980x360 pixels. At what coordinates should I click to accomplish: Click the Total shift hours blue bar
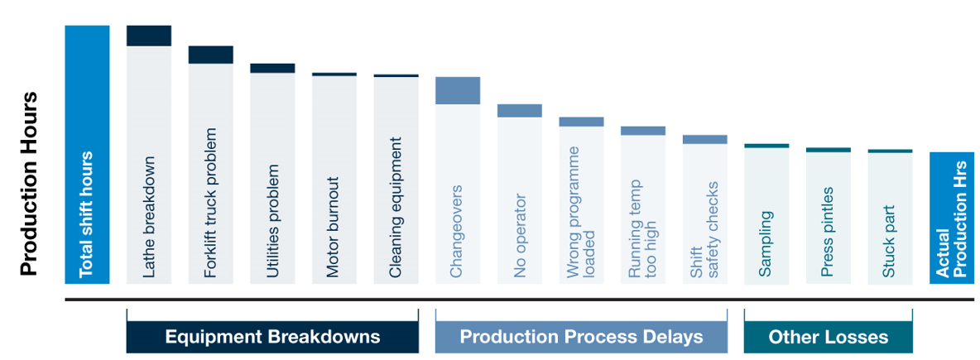pyautogui.click(x=87, y=155)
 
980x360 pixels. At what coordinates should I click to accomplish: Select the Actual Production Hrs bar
pyautogui.click(x=952, y=218)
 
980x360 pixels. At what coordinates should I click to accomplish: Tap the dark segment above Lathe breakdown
pyautogui.click(x=149, y=36)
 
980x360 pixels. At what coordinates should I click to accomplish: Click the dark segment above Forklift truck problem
pyautogui.click(x=210, y=55)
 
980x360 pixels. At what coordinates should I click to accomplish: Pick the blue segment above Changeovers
pyautogui.click(x=458, y=91)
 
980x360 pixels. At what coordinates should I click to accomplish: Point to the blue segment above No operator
pyautogui.click(x=519, y=111)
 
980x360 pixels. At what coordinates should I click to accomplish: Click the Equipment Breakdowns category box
pyautogui.click(x=272, y=338)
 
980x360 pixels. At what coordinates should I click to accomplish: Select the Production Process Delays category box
pyautogui.click(x=581, y=338)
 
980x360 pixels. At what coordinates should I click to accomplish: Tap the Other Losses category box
pyautogui.click(x=829, y=338)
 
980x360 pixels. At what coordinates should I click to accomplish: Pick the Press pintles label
pyautogui.click(x=828, y=232)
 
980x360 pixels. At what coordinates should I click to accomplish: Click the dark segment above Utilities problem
pyautogui.click(x=272, y=68)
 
